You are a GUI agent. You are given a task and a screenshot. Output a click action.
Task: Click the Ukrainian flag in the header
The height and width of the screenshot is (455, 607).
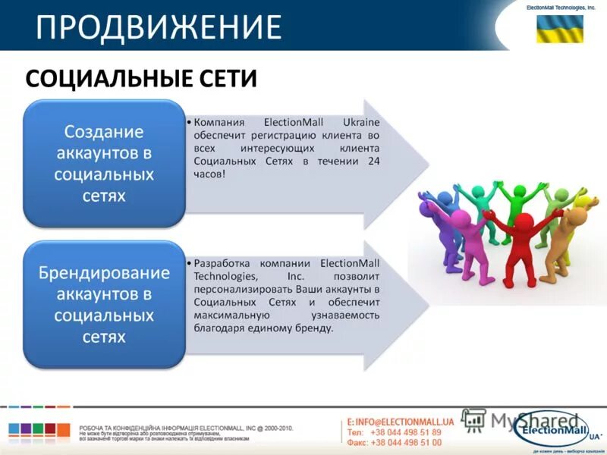tap(560, 29)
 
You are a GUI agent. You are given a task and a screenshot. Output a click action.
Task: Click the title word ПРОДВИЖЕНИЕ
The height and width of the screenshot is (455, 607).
tap(159, 27)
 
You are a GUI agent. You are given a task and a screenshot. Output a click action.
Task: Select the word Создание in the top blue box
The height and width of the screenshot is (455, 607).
tap(104, 132)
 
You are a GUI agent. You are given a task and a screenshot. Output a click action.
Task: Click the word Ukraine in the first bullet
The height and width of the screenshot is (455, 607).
tap(360, 123)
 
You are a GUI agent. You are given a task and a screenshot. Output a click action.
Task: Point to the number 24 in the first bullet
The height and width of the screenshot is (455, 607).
tap(373, 162)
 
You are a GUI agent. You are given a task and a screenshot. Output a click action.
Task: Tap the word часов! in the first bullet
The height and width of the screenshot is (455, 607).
tap(209, 174)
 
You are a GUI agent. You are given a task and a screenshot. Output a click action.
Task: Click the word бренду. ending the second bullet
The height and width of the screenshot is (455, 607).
tap(314, 328)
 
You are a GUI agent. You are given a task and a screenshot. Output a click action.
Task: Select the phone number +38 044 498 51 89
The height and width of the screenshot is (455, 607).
tap(405, 432)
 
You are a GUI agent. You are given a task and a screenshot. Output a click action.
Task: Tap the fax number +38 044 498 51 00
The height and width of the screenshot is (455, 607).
tap(405, 442)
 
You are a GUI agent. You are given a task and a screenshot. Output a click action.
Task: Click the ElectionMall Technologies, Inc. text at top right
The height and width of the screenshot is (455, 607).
tap(561, 7)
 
